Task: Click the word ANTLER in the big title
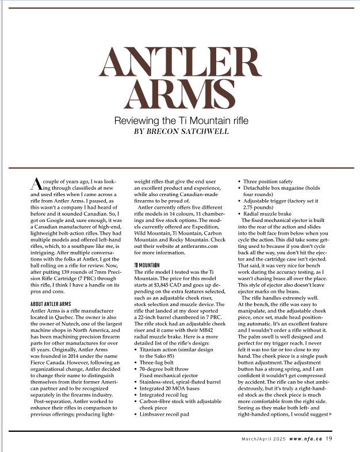click(180, 62)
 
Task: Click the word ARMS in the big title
click(180, 94)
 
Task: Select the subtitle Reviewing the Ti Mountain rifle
click(180, 121)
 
